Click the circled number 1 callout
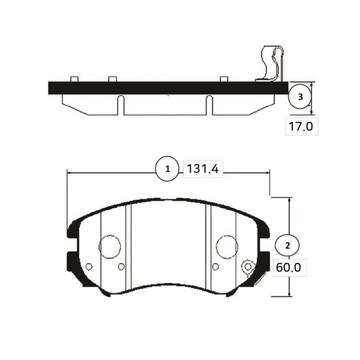tap(167, 169)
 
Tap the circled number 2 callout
tap(287, 246)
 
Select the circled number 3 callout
tap(300, 97)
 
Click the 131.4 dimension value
tap(203, 169)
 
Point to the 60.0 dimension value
tap(289, 267)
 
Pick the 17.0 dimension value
tap(301, 127)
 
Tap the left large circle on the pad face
tap(110, 246)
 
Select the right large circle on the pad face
tap(227, 246)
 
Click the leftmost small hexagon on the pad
tap(89, 266)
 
